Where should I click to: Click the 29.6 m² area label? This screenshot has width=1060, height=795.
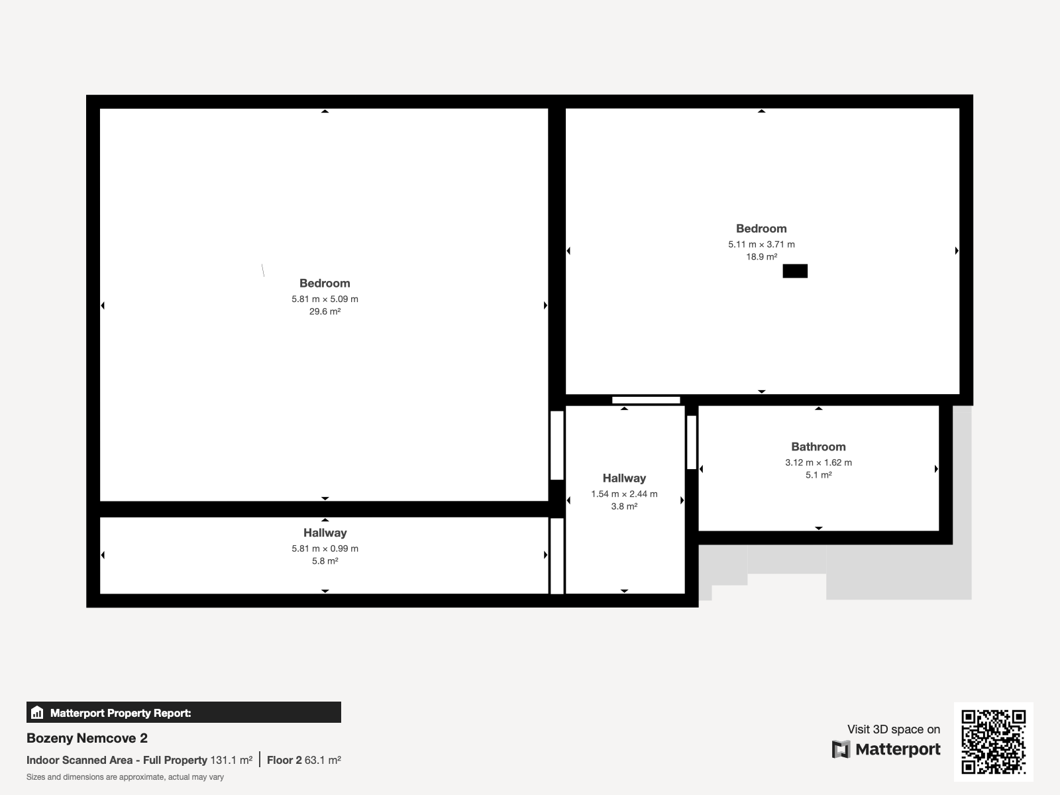(x=325, y=311)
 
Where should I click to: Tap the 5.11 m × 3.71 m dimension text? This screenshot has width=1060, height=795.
(x=762, y=244)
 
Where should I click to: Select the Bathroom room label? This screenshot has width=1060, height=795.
(x=819, y=447)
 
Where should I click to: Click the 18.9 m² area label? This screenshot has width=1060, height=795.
(x=762, y=257)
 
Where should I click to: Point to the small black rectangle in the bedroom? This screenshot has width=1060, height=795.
(x=795, y=271)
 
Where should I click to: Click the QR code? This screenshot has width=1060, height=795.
(x=993, y=741)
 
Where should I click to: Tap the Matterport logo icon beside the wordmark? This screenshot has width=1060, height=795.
(x=841, y=749)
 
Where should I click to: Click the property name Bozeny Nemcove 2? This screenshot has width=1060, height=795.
(x=87, y=738)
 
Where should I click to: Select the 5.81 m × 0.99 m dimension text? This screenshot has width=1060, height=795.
(x=325, y=549)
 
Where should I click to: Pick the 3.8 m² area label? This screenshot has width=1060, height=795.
(x=625, y=506)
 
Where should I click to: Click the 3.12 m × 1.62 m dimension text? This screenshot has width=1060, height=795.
(x=819, y=462)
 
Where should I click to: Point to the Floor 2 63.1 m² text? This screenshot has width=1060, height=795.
(x=303, y=761)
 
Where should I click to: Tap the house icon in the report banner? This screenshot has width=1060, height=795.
(x=37, y=712)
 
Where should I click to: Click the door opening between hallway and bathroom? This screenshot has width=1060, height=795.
(x=692, y=442)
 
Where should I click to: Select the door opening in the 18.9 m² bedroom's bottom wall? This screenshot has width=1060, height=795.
(x=646, y=400)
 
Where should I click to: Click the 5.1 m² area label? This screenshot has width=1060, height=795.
(x=819, y=475)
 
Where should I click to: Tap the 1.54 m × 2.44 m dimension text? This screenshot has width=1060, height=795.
(x=625, y=494)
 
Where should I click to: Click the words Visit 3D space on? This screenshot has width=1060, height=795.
(x=894, y=729)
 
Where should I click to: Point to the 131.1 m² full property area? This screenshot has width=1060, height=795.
(x=231, y=761)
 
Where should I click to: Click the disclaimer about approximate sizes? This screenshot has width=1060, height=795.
(x=125, y=777)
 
